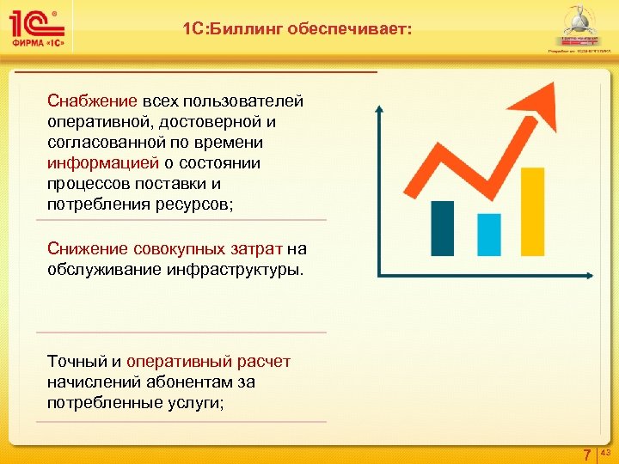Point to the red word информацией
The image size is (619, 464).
pos(103,163)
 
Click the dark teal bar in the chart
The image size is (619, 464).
pos(443,228)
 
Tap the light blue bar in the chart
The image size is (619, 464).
pos(488,235)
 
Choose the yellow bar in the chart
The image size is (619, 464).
pos(533,217)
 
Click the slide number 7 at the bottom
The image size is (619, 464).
pos(587,455)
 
